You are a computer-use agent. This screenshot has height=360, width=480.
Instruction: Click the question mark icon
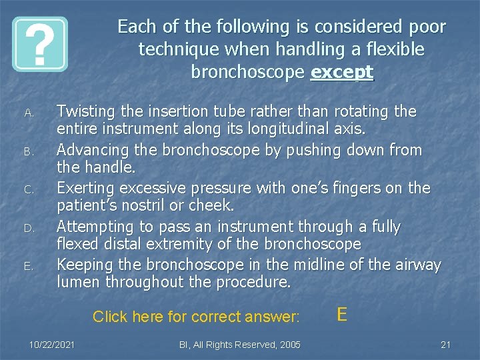click(40, 44)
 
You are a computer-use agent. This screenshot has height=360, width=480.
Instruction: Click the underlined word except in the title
click(342, 72)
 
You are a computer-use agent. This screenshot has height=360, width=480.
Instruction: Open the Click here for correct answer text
click(197, 316)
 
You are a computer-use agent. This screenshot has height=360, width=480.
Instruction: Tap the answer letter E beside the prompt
click(342, 314)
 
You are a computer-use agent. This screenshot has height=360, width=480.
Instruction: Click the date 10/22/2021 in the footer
click(51, 344)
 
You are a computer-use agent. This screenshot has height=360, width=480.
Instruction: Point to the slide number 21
click(446, 344)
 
